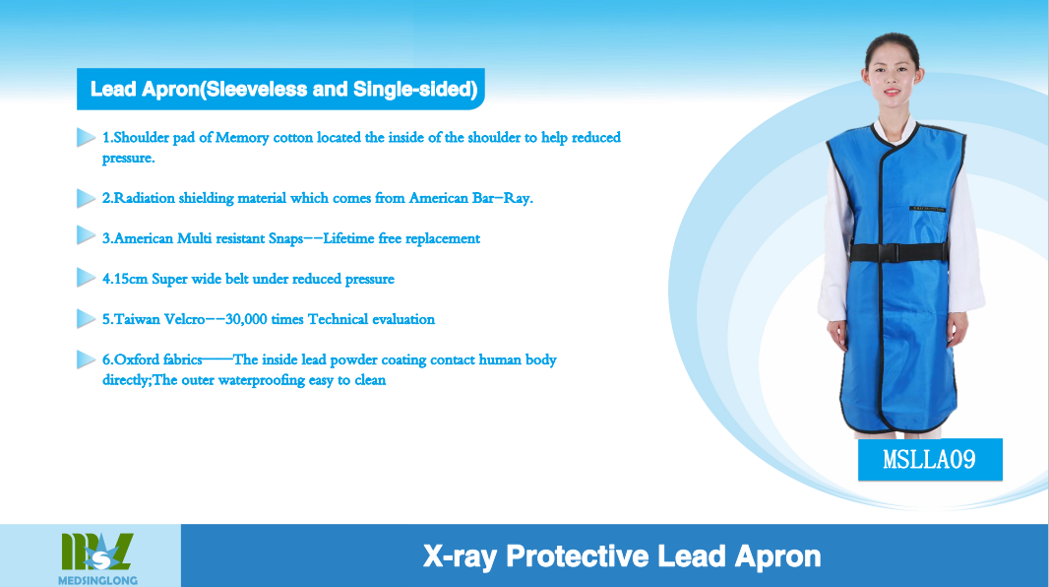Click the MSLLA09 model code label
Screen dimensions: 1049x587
coord(929,460)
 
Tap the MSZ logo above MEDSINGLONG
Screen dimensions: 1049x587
coord(97,552)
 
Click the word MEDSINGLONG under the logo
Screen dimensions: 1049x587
coord(97,580)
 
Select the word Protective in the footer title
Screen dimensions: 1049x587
coord(577,556)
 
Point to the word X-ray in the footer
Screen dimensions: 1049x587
coord(461,556)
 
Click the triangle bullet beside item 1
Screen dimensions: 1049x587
coord(87,137)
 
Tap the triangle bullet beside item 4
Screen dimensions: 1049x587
coord(87,278)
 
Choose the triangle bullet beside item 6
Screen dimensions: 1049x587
coord(87,359)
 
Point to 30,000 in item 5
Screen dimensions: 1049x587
coord(246,319)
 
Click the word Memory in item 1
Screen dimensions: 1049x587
coord(242,138)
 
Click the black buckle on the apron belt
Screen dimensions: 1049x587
coord(887,252)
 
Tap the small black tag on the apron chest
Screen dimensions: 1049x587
coord(928,209)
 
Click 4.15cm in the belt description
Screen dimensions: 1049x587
coord(124,279)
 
